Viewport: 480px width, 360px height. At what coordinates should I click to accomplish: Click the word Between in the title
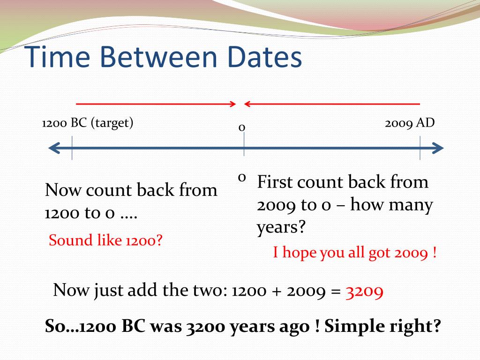(x=160, y=58)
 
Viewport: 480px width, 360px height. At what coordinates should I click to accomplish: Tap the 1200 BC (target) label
(x=88, y=123)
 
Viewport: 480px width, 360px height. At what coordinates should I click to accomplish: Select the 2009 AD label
(x=410, y=123)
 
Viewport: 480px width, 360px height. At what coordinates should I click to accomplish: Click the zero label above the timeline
(x=242, y=127)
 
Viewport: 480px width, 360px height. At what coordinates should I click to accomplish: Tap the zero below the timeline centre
(x=242, y=177)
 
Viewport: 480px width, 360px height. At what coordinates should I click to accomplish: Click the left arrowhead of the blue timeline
(x=53, y=148)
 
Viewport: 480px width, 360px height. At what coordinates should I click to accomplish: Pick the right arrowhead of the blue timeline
(x=438, y=148)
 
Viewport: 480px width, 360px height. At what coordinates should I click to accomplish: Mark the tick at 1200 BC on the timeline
(x=72, y=148)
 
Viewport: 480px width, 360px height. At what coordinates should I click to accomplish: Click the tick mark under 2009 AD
(x=420, y=148)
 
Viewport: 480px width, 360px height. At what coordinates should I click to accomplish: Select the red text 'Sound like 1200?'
(x=105, y=241)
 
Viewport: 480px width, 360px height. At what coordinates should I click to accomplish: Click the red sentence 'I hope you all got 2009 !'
(x=355, y=254)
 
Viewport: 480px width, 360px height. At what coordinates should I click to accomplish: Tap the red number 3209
(x=365, y=291)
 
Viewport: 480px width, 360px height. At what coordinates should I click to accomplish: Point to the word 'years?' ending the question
(x=281, y=228)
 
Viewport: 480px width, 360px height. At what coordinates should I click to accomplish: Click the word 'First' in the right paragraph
(x=275, y=182)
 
